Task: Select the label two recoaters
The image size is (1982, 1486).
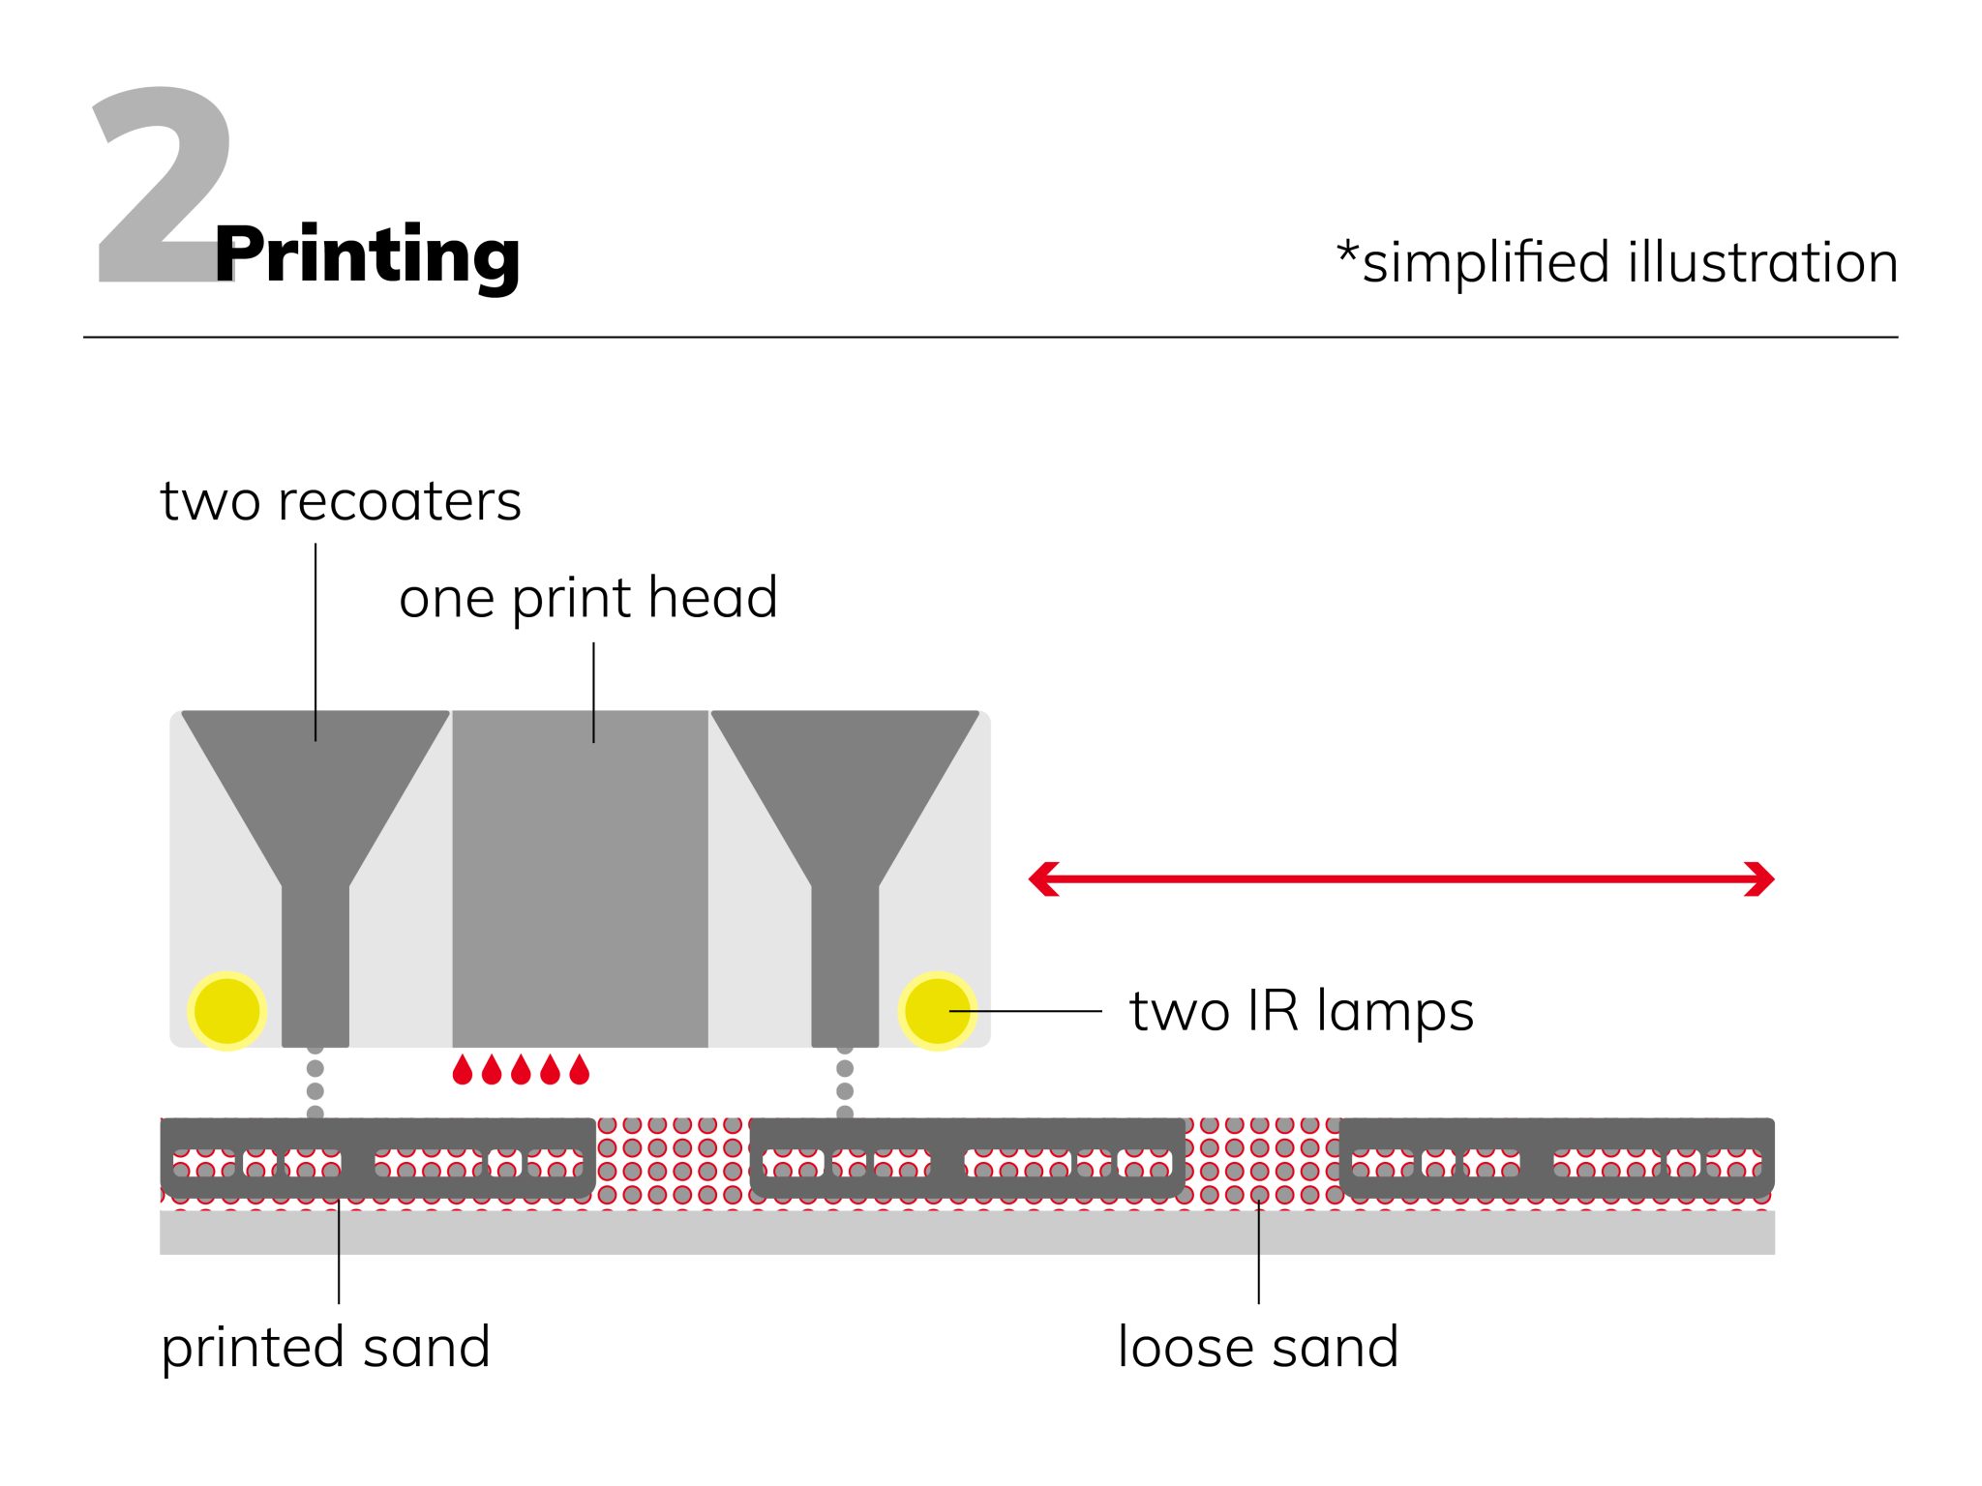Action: [341, 502]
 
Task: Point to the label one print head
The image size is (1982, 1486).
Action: [587, 598]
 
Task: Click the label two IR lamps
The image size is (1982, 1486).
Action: [1302, 1012]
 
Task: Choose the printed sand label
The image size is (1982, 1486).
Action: [326, 1348]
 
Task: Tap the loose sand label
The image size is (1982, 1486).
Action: [1258, 1348]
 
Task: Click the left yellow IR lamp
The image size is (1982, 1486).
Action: [226, 1011]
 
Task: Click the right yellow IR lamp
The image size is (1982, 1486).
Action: [936, 1011]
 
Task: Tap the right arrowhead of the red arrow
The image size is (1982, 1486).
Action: [1759, 879]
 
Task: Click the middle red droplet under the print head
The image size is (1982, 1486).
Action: [521, 1070]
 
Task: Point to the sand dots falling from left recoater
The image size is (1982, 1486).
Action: [315, 1082]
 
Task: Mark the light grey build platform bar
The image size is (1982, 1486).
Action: [968, 1233]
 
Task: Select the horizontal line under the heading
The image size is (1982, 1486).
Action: [991, 338]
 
